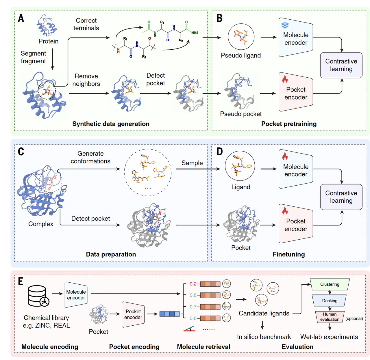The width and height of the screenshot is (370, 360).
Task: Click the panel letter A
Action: click(21, 18)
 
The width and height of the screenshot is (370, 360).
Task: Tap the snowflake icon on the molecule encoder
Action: click(285, 25)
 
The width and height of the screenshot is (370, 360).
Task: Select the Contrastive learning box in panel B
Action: click(341, 65)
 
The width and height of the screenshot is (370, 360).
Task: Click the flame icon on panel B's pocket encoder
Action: click(285, 79)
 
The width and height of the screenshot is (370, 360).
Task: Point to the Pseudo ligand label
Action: click(241, 55)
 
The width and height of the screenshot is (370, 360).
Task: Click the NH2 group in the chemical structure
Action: click(195, 33)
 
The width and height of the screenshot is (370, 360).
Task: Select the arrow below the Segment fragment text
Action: click(52, 59)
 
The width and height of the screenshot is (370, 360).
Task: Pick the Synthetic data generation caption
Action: click(111, 124)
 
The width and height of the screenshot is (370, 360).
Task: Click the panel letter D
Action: click(220, 152)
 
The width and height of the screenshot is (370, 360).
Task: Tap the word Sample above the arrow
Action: click(192, 163)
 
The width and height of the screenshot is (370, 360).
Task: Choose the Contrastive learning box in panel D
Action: click(341, 197)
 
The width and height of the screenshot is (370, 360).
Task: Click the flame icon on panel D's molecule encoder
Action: click(285, 156)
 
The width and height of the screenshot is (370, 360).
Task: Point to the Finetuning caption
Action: click(288, 254)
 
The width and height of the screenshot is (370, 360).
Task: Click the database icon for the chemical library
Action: click(38, 296)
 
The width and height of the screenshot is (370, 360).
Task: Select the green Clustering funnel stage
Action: click(330, 284)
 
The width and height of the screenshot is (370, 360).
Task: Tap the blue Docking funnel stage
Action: click(330, 301)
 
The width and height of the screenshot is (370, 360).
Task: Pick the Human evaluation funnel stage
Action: click(330, 317)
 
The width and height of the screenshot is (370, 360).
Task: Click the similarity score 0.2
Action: click(193, 284)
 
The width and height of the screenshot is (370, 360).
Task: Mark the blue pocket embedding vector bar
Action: click(169, 314)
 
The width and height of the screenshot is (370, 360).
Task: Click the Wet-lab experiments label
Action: click(329, 337)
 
